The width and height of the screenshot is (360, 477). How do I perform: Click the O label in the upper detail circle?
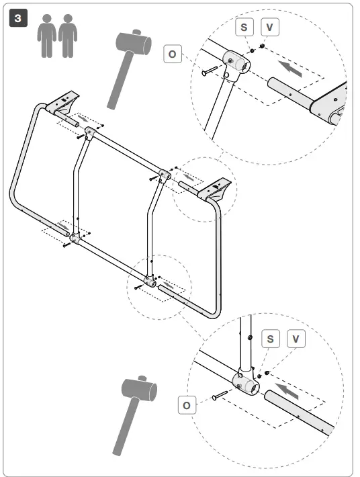tap(173, 53)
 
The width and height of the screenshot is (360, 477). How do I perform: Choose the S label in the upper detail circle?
tap(244, 28)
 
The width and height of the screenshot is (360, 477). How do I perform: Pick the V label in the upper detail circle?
tap(269, 28)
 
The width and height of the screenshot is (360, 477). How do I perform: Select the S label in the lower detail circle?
tap(270, 338)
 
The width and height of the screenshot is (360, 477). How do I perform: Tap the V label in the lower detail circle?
tap(296, 338)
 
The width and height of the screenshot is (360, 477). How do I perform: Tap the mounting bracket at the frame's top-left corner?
tap(66, 102)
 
